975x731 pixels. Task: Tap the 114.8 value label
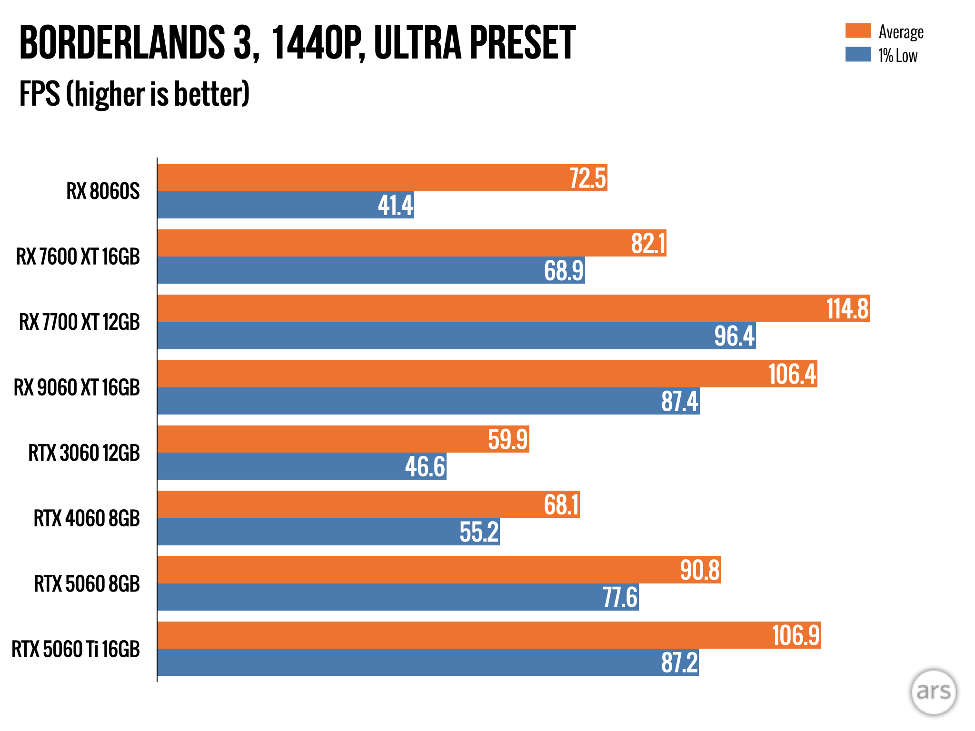tap(847, 309)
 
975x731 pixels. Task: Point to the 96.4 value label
tap(735, 336)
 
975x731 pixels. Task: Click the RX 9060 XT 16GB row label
tap(77, 387)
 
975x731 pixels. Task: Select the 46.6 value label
tap(425, 466)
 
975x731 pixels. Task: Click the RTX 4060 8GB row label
tap(87, 518)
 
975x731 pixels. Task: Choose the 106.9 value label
tap(796, 635)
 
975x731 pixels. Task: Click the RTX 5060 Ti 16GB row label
tap(76, 649)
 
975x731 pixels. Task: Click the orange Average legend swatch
tap(858, 30)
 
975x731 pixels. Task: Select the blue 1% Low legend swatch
tap(858, 54)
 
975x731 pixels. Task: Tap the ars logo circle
tap(933, 691)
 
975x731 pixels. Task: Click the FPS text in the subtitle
tap(40, 94)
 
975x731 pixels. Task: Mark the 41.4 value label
tap(395, 206)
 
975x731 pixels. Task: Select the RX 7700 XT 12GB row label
tap(80, 322)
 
